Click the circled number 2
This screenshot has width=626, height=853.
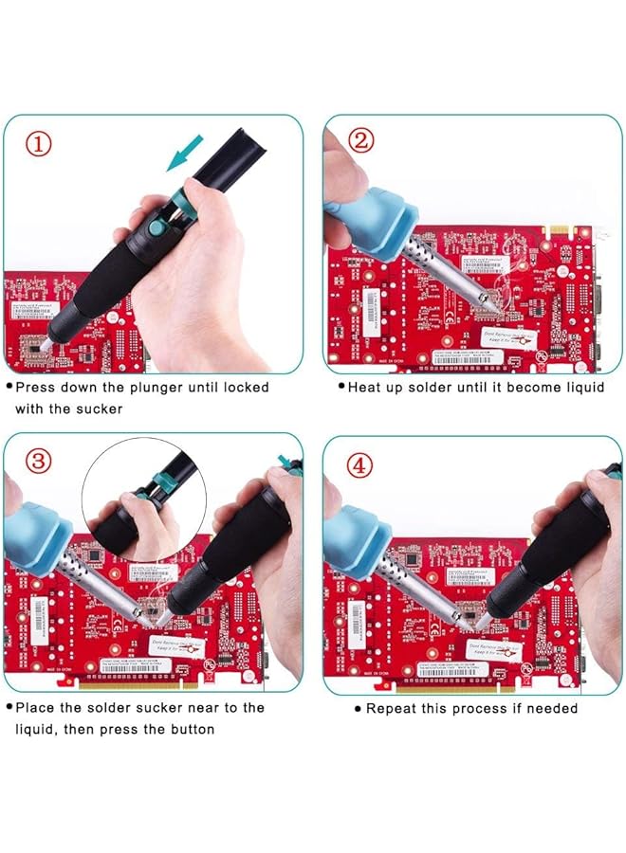360,141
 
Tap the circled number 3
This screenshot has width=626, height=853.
38,462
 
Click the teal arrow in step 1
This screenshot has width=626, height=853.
186,154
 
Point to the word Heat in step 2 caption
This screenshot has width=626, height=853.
365,388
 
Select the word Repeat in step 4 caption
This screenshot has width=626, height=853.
390,708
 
